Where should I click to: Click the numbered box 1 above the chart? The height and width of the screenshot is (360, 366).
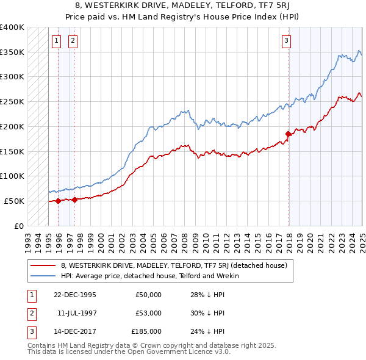click(x=56, y=41)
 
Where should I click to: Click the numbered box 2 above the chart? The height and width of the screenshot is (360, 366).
click(x=73, y=41)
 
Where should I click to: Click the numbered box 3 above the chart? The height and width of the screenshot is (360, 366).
click(x=286, y=41)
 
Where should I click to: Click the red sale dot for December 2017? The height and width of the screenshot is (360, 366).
click(x=288, y=134)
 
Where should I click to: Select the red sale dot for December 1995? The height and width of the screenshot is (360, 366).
click(x=58, y=201)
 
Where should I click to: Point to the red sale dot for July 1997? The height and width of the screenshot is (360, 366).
click(x=74, y=199)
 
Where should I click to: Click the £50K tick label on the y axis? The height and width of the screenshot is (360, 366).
click(x=15, y=201)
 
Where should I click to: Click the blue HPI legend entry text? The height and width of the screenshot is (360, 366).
click(x=149, y=276)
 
